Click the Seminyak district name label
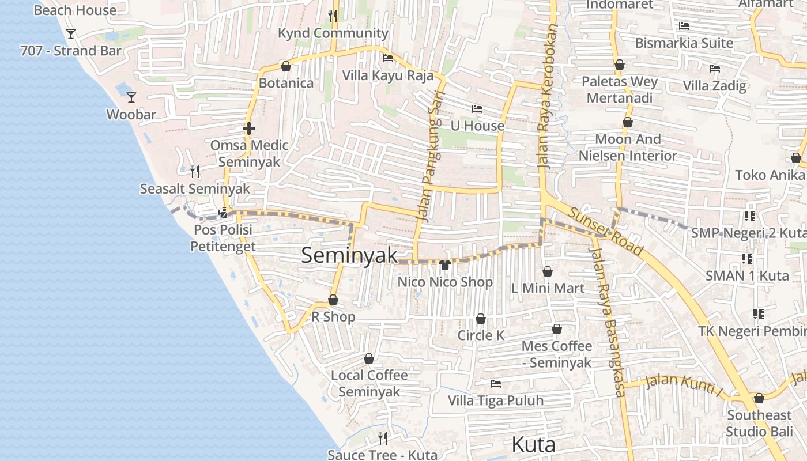[x=349, y=255]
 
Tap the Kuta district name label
[x=534, y=445]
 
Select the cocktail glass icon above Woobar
[x=131, y=97]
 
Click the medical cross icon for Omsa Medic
[x=249, y=129]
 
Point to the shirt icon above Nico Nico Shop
[x=444, y=265]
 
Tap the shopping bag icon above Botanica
[x=285, y=66]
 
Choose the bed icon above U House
[x=477, y=109]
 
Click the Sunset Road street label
[x=605, y=231]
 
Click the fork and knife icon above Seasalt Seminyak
[x=195, y=172]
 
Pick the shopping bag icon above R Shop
[x=333, y=300]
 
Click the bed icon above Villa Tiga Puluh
[x=495, y=384]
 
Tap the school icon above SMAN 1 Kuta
[x=747, y=259]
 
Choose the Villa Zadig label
[x=714, y=86]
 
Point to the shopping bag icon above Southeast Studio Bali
[x=759, y=398]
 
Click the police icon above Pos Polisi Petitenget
[x=223, y=213]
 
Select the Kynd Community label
[x=333, y=33]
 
